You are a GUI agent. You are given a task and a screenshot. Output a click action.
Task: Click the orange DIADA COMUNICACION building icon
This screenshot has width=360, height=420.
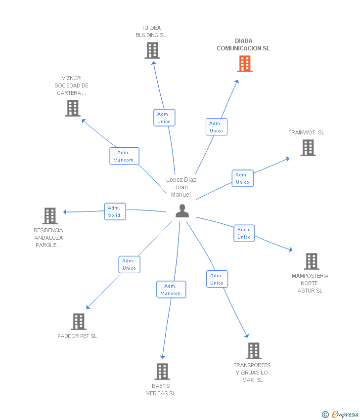245,64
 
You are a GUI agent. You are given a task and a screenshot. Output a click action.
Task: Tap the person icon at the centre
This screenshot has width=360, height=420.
182,211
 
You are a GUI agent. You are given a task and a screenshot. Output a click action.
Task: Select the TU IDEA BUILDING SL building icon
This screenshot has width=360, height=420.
152,50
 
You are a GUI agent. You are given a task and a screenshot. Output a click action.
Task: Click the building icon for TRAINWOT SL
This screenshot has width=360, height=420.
308,148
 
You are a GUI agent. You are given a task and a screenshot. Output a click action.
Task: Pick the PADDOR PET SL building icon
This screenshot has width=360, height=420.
78,322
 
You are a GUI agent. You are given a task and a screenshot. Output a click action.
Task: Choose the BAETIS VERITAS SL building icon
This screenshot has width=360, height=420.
162,372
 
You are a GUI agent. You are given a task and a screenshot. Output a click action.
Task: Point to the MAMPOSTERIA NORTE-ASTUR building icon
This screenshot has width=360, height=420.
311,261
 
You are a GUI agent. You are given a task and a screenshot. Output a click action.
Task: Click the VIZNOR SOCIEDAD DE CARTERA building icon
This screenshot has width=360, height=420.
73,108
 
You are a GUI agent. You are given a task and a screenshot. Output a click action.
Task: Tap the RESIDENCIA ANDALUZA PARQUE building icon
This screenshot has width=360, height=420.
49,216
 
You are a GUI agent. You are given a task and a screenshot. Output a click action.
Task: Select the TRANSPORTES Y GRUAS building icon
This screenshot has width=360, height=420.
253,351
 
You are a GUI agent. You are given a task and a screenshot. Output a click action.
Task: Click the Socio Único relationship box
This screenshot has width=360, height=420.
244,233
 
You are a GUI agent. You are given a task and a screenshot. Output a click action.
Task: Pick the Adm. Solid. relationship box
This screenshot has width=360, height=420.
115,211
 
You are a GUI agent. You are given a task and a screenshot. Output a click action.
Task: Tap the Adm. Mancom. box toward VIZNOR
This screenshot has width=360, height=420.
124,156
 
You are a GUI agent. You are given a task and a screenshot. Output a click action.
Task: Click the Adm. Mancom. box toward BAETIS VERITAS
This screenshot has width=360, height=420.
171,290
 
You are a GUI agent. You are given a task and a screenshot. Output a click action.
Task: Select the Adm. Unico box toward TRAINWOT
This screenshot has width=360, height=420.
242,178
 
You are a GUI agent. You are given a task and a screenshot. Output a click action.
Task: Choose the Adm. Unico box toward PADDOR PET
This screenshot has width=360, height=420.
129,264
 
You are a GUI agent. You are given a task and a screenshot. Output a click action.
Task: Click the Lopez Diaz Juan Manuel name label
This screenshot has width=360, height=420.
181,187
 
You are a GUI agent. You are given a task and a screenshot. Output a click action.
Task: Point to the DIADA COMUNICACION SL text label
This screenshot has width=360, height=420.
243,45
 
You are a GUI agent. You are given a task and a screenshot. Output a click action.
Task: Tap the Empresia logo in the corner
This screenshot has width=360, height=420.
341,415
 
